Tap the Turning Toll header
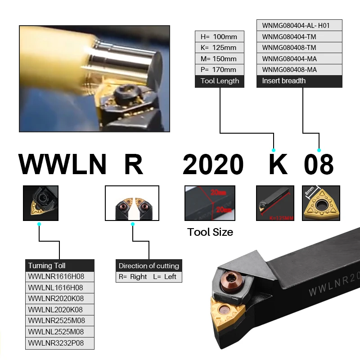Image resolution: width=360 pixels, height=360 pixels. pyautogui.click(x=60, y=265)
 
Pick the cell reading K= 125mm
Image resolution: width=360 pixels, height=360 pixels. pyautogui.click(x=220, y=48)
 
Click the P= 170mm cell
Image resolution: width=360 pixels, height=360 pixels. pyautogui.click(x=220, y=70)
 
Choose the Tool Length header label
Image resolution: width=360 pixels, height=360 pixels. pyautogui.click(x=220, y=81)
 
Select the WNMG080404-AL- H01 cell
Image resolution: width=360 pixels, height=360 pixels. pyautogui.click(x=299, y=26)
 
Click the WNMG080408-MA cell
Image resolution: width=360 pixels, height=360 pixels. pyautogui.click(x=299, y=70)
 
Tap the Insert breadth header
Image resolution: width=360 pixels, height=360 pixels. pyautogui.click(x=299, y=81)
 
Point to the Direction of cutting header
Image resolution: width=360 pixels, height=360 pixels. pyautogui.click(x=149, y=265)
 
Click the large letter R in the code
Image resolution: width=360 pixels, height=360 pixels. pyautogui.click(x=133, y=164)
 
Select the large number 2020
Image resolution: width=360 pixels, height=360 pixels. pyautogui.click(x=213, y=164)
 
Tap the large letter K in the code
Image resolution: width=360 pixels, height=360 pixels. pyautogui.click(x=278, y=164)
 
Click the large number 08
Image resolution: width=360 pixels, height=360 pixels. pyautogui.click(x=319, y=164)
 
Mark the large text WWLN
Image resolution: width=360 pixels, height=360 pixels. pyautogui.click(x=63, y=164)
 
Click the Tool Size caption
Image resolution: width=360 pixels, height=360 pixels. pyautogui.click(x=210, y=232)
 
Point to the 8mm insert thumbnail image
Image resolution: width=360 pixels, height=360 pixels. pyautogui.click(x=320, y=203)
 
